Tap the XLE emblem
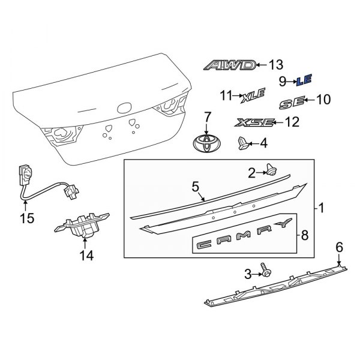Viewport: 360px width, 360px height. tap(253, 95)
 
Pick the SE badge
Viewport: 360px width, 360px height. tap(293, 103)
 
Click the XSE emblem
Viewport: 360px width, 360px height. tap(255, 122)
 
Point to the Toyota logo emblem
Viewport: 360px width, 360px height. tap(205, 145)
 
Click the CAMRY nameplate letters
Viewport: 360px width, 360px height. tap(244, 242)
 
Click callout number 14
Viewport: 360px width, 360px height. tap(86, 256)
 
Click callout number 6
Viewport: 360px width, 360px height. tap(339, 246)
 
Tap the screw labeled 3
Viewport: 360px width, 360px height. tap(265, 271)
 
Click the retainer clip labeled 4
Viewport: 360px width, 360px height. tap(242, 143)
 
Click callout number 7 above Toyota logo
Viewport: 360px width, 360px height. tap(206, 115)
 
